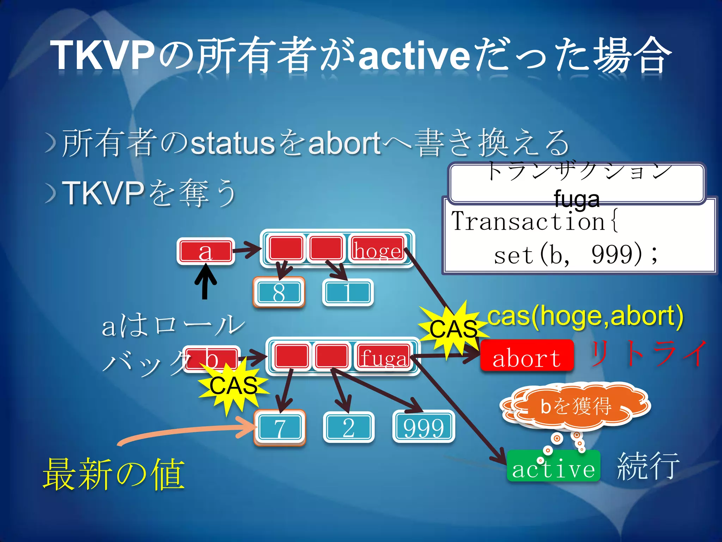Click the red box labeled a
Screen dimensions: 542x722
click(206, 251)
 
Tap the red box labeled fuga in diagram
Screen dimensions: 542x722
click(384, 357)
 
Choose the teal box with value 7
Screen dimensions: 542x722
click(280, 428)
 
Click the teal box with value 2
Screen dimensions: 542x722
click(348, 427)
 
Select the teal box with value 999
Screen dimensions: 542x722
click(423, 427)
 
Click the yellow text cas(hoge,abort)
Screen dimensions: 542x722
click(585, 316)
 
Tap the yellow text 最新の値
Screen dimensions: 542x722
click(114, 474)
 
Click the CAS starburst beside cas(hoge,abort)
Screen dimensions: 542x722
click(453, 329)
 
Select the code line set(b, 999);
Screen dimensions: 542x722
click(575, 255)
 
